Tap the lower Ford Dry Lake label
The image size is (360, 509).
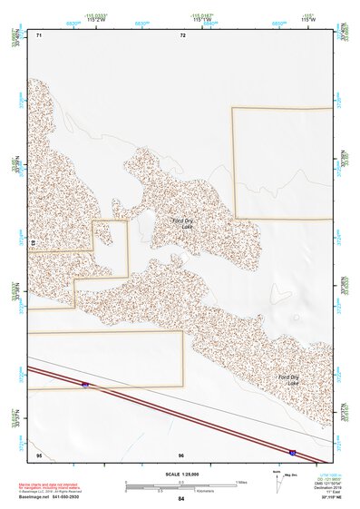point(287,379)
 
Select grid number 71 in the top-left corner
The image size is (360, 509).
point(38,35)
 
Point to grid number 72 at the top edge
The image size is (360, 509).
point(182,35)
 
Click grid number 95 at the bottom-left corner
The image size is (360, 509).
point(38,454)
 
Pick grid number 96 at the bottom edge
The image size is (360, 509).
point(181,454)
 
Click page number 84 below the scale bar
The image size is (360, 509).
point(181,499)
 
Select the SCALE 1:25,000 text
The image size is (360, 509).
point(180,474)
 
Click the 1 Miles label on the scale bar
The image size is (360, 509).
point(241,481)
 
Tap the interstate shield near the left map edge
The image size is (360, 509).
point(85,386)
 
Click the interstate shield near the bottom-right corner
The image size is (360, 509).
point(292,450)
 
